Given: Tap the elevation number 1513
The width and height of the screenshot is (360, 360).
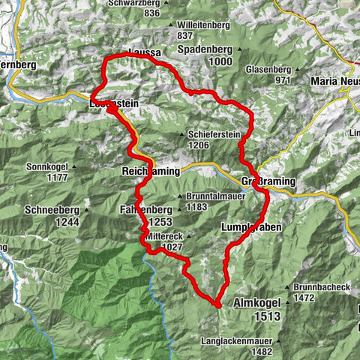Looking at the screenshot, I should click(266, 316).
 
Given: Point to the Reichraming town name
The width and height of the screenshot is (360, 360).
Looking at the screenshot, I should click(150, 171).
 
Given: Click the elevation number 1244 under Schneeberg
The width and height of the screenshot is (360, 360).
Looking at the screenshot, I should click(55, 222).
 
